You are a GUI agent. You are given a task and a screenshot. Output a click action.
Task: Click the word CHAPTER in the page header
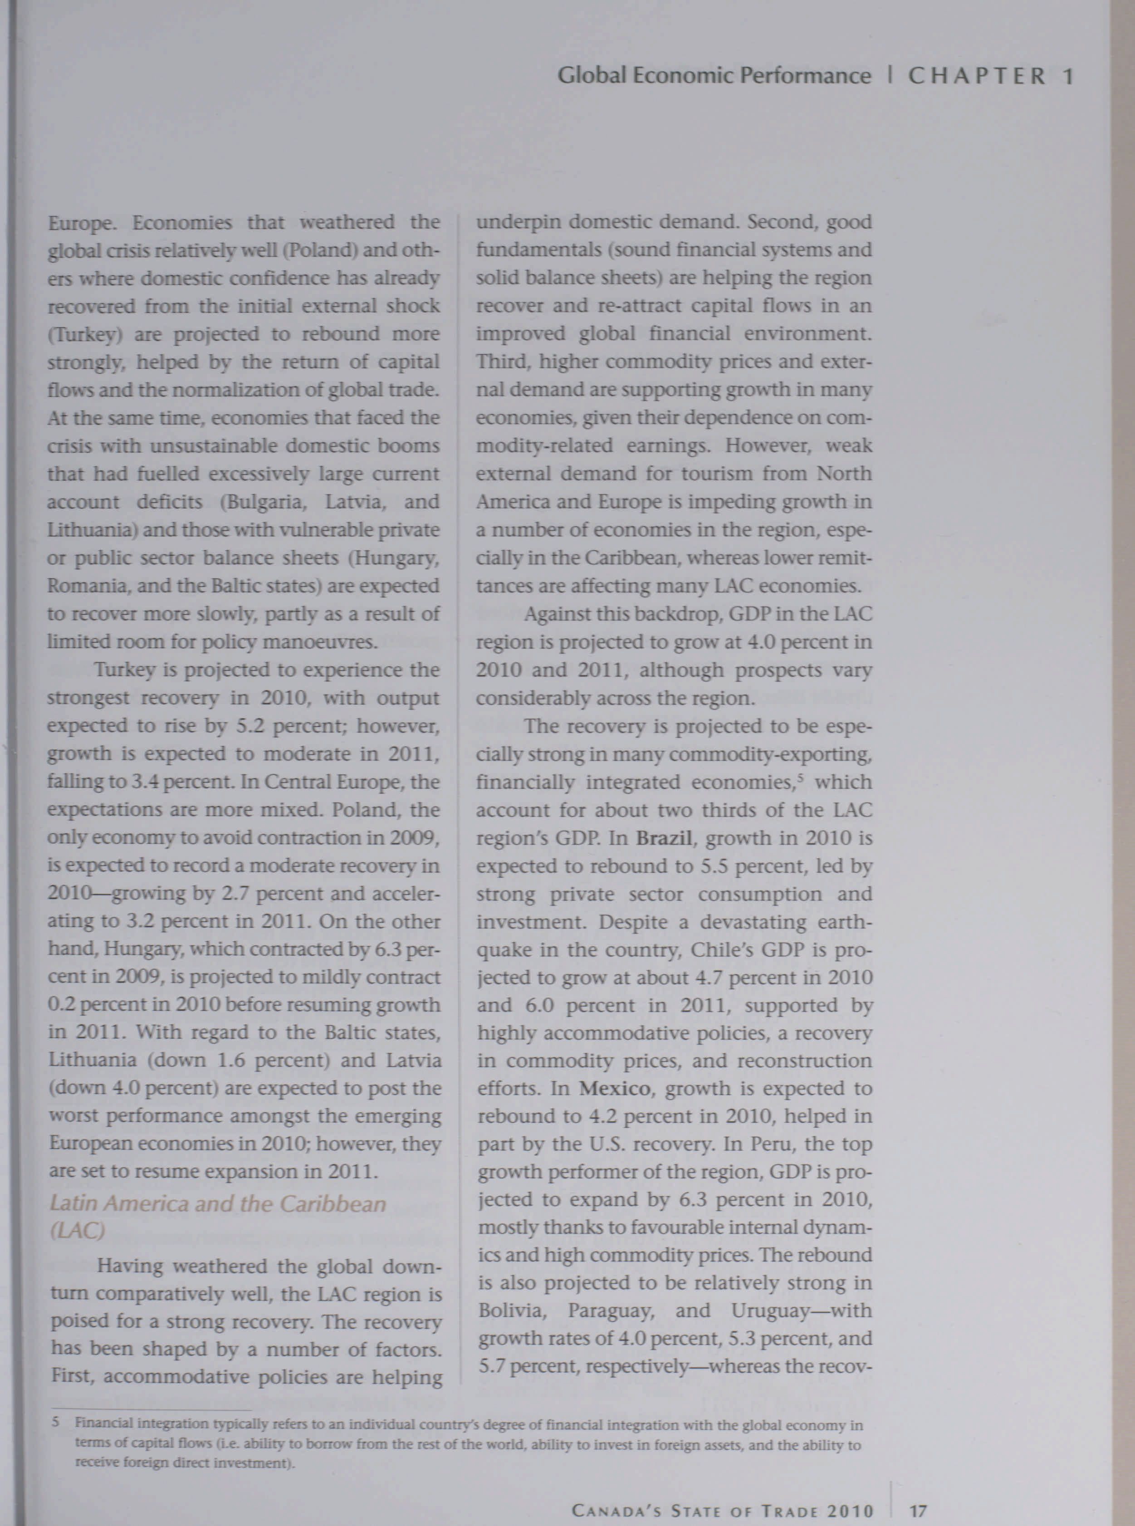click(x=977, y=76)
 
